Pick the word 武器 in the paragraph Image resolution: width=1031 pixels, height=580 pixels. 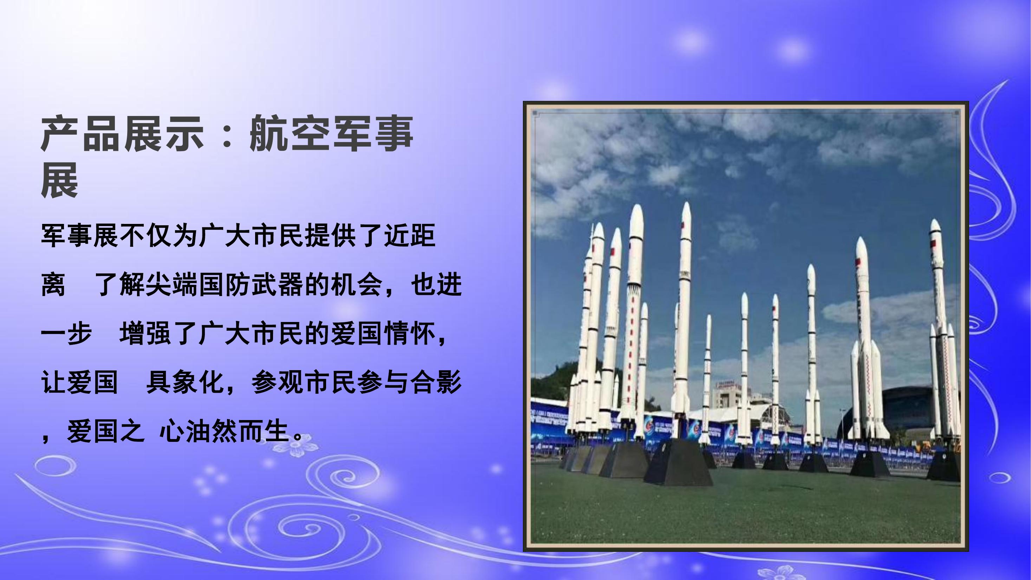click(x=277, y=285)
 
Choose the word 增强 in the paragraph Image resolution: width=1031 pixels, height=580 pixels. click(x=145, y=334)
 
